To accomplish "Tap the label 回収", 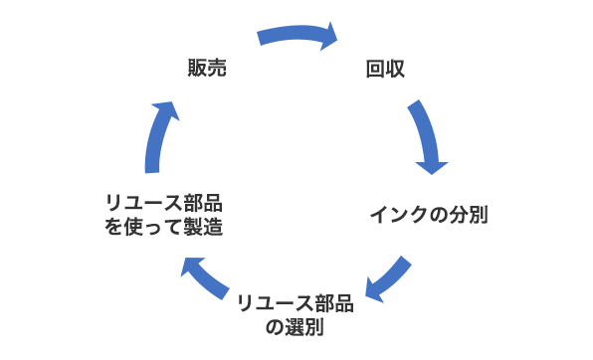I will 385,69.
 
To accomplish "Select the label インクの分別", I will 429,214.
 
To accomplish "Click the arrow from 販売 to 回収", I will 296,36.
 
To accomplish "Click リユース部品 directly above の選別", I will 296,302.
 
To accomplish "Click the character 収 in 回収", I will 396,69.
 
